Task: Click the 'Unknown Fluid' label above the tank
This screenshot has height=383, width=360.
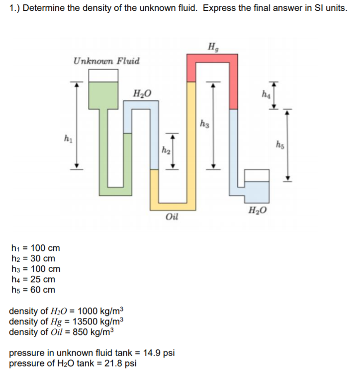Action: pyautogui.click(x=106, y=61)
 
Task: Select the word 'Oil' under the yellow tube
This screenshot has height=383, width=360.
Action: pyautogui.click(x=172, y=217)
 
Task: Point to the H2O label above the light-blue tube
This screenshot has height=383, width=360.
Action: pyautogui.click(x=140, y=92)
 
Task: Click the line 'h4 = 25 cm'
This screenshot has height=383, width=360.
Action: pyautogui.click(x=32, y=279)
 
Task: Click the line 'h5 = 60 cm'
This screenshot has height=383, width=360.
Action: pyautogui.click(x=32, y=290)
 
